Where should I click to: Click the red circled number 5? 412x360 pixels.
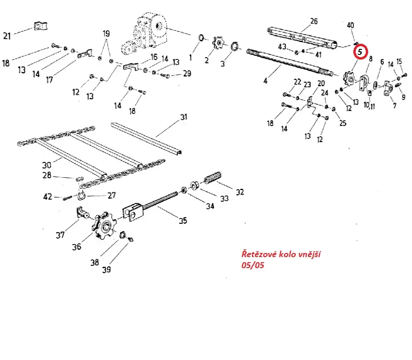pos(360,52)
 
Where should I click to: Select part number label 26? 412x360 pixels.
pos(314,21)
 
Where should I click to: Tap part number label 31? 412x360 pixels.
pos(184,117)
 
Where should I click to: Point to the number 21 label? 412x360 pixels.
pos(7,35)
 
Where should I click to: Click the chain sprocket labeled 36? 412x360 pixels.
pos(106,226)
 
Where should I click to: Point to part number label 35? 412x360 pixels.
pos(183,221)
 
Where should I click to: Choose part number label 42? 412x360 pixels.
pos(48,197)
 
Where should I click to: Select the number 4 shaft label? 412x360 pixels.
pos(265,81)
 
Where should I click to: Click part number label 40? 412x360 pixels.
pos(351,25)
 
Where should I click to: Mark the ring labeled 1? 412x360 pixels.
pos(201,37)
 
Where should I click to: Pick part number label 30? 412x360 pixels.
pos(46,165)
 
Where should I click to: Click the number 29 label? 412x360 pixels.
pos(187,73)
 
